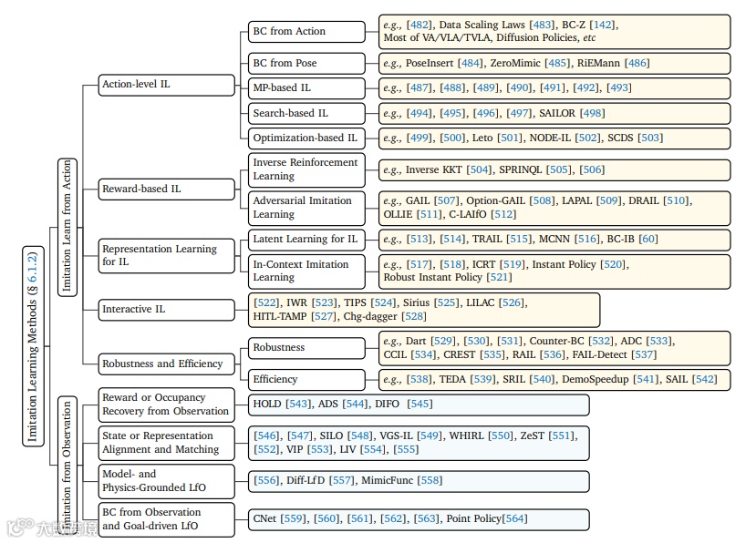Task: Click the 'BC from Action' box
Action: (x=306, y=31)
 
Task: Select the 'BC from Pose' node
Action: (x=306, y=64)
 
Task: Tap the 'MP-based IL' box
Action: (x=306, y=88)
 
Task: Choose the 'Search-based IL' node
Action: (x=306, y=114)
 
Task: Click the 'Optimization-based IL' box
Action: (x=306, y=138)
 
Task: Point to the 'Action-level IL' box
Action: (x=167, y=85)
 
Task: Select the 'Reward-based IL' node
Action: (x=167, y=189)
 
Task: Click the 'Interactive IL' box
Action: (x=167, y=309)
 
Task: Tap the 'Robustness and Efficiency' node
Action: (x=167, y=364)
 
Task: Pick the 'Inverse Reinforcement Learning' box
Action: (x=306, y=169)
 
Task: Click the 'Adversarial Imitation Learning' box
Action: (x=306, y=208)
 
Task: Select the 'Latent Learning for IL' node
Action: (x=306, y=240)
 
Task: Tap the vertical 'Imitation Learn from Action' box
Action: (x=66, y=226)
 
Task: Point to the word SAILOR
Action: (x=558, y=114)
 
